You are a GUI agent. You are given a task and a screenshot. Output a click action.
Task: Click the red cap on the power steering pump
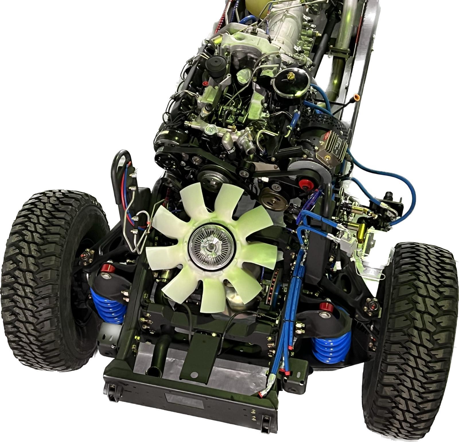304,184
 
